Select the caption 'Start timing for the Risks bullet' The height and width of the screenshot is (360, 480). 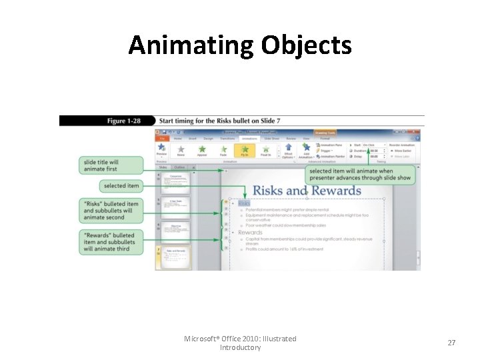coord(219,121)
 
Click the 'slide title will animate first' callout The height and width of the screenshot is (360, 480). coord(111,165)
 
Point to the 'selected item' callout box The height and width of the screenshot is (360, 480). coord(122,186)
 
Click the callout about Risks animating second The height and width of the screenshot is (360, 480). coord(111,211)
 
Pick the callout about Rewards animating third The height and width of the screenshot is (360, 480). coord(111,242)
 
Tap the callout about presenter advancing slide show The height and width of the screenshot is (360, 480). coord(361,175)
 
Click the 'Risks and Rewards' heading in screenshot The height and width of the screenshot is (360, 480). coord(307,191)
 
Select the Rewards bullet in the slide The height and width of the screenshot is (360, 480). coord(250,233)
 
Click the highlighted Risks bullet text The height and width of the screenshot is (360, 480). coord(244,203)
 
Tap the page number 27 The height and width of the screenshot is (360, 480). coord(451,343)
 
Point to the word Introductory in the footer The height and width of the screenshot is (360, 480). coord(240,347)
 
